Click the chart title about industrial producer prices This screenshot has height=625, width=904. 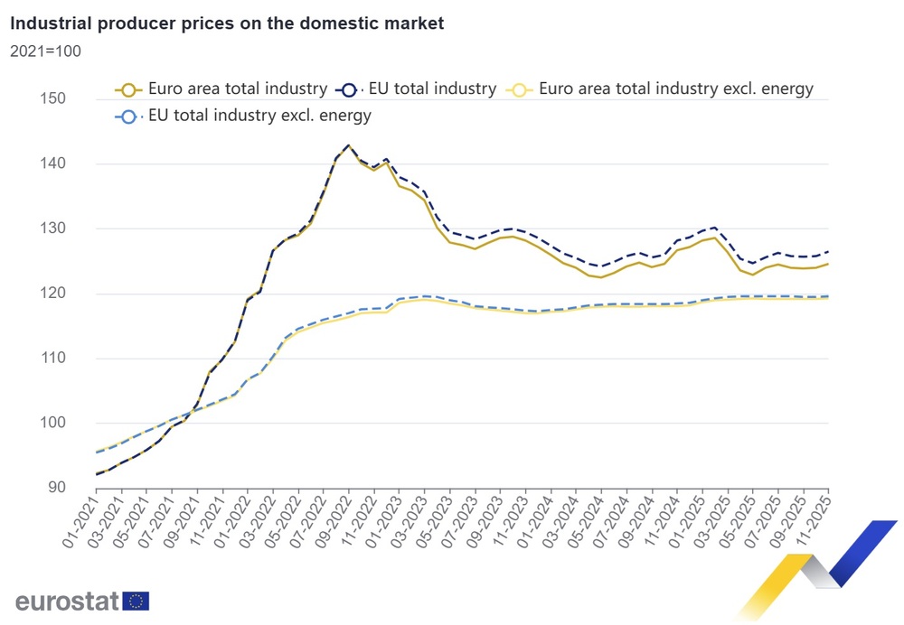coord(227,24)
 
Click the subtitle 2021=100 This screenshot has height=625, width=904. coord(45,51)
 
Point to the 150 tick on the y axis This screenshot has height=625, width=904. coord(57,98)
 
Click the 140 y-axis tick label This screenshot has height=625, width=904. coord(57,163)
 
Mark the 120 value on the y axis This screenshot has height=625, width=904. coord(57,294)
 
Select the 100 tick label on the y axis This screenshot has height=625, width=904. coord(57,423)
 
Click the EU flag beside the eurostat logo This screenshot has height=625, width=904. coord(137,602)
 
